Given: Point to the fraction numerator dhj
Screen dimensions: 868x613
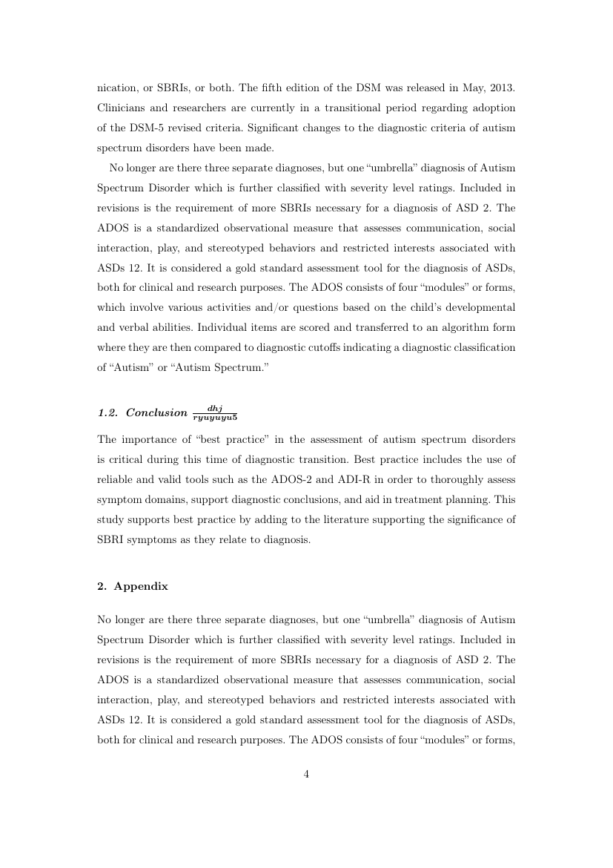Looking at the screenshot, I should [x=215, y=408].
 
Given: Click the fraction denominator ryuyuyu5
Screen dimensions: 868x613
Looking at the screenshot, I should [x=215, y=417].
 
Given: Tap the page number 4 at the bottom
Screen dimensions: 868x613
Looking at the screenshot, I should [x=306, y=775].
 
